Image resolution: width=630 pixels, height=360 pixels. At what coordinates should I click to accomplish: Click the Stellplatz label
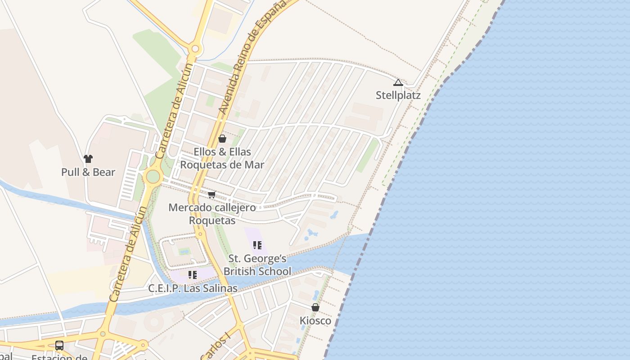(398, 95)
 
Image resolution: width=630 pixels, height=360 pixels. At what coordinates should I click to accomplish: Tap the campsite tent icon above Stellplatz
(398, 83)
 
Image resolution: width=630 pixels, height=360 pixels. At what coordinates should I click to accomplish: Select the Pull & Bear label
(88, 172)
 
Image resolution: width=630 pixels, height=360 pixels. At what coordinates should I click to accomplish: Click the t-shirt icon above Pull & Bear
(88, 159)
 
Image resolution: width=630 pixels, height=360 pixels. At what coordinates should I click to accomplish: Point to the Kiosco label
(315, 321)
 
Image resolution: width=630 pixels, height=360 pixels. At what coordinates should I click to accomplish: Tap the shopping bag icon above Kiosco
(315, 307)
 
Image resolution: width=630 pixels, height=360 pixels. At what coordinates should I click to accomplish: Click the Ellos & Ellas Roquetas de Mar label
(222, 158)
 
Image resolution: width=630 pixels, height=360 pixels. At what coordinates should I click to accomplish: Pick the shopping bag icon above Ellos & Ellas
(222, 139)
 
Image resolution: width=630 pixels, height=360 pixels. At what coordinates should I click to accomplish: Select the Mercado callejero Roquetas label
(212, 214)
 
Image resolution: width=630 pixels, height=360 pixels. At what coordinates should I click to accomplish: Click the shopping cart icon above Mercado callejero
(212, 195)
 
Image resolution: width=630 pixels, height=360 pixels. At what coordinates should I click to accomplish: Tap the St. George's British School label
(257, 265)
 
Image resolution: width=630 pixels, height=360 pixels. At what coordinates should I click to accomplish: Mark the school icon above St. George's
(257, 245)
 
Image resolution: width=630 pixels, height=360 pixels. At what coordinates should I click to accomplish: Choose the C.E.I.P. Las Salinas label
(193, 288)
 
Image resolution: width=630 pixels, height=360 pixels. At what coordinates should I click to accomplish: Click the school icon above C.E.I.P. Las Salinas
(193, 274)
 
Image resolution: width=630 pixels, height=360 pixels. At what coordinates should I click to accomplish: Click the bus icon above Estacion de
(59, 346)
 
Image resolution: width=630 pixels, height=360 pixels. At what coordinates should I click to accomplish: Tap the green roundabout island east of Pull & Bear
(153, 176)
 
